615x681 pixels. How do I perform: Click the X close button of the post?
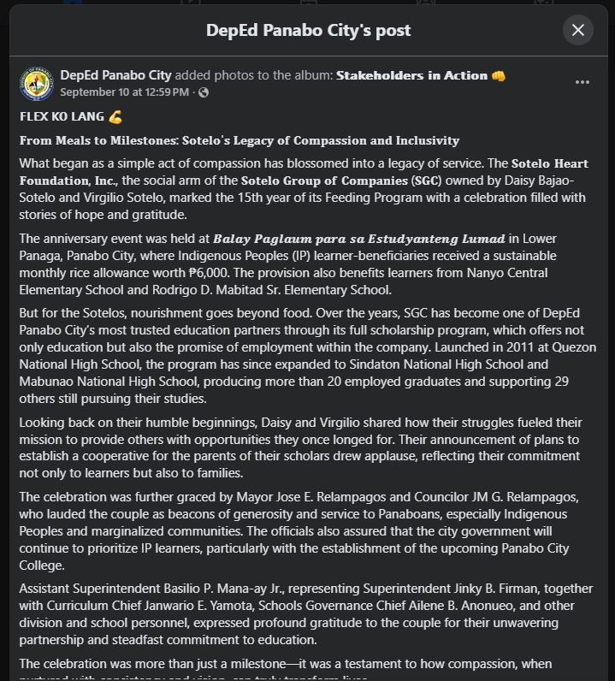[x=578, y=30]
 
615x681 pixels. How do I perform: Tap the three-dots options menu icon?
[x=582, y=83]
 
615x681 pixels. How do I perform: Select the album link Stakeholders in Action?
[x=411, y=75]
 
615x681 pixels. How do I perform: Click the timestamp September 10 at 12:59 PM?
[x=125, y=92]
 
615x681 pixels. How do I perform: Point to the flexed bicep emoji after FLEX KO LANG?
[x=115, y=116]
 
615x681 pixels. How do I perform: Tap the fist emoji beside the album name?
[x=499, y=75]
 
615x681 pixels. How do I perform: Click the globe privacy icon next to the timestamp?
[x=204, y=92]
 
